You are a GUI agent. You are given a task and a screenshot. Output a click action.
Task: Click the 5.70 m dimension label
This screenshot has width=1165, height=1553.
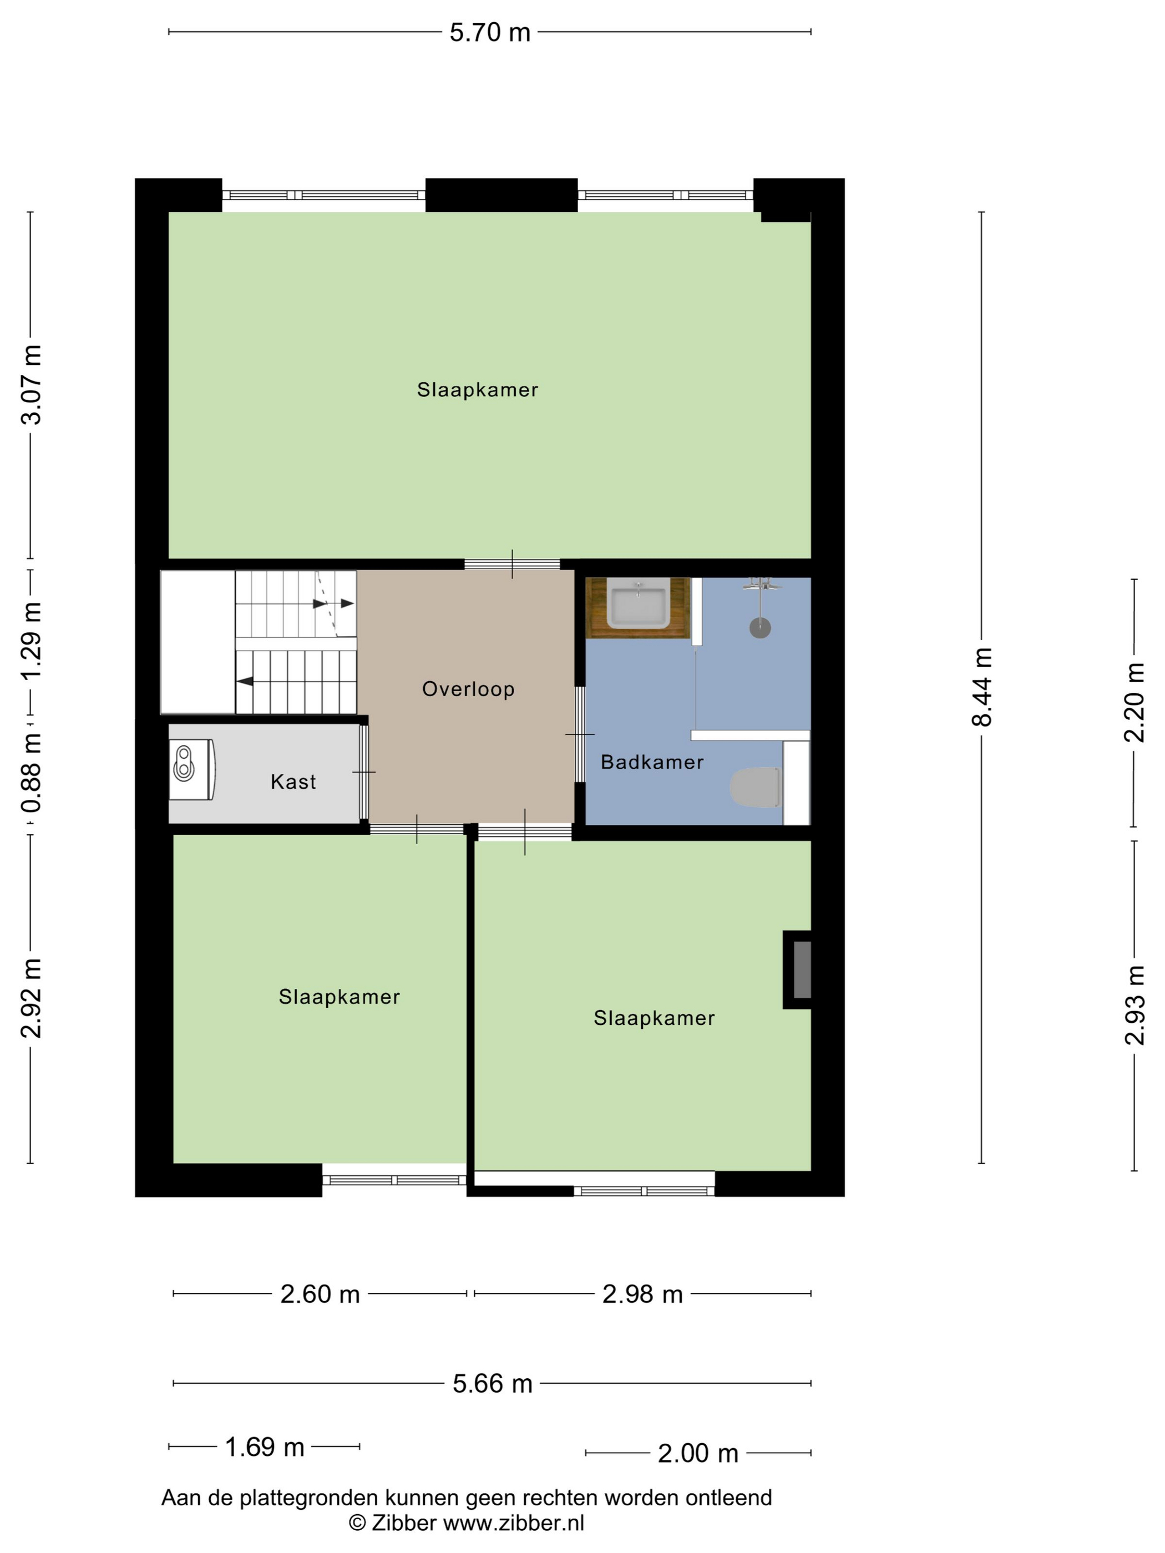tap(489, 32)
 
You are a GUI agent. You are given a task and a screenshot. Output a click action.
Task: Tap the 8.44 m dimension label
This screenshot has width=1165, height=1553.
tap(982, 687)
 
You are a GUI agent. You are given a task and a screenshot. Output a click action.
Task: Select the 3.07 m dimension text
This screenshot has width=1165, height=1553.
tap(31, 385)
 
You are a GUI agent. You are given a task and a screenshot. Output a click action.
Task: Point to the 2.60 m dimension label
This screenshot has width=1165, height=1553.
tap(320, 1293)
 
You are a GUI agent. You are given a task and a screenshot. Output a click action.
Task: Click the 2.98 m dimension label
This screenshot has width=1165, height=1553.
tap(642, 1293)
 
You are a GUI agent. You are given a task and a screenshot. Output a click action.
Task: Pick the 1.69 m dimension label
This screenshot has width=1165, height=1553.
tap(264, 1447)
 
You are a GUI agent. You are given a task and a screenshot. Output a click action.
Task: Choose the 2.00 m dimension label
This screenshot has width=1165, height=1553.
tap(698, 1453)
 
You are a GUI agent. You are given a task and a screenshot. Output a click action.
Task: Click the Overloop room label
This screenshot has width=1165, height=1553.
tap(468, 689)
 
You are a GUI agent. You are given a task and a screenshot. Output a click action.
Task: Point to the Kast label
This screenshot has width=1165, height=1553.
tap(293, 781)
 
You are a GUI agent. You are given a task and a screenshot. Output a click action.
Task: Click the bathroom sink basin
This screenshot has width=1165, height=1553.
tap(637, 604)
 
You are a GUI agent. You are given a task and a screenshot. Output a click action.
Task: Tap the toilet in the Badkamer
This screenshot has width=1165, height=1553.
tap(756, 787)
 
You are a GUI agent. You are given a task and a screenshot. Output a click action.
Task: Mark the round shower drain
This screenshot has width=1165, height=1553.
tap(760, 628)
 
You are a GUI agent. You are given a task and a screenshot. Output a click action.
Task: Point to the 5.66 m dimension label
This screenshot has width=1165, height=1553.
tap(492, 1383)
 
